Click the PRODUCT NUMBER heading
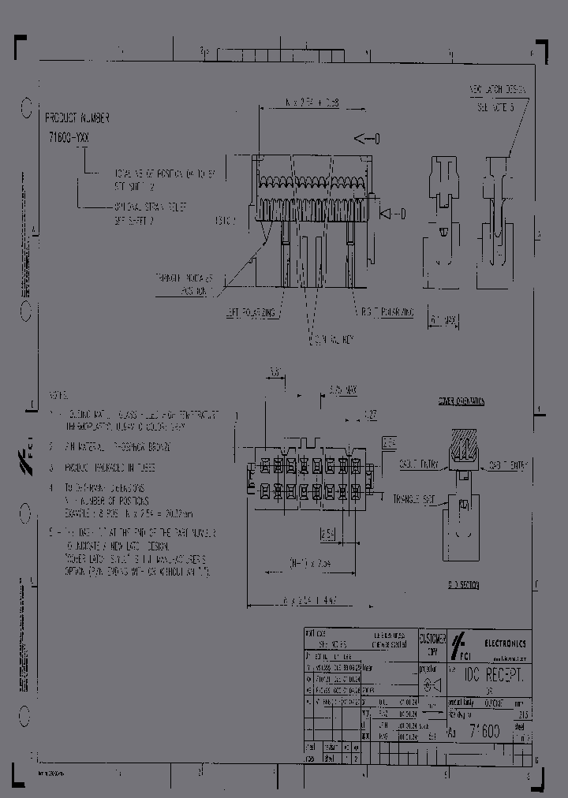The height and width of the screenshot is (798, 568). pos(78,117)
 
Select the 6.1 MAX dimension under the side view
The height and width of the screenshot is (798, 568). pos(444,320)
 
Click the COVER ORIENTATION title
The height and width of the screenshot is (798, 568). pos(462,401)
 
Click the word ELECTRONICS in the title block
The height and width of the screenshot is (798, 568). pos(505,643)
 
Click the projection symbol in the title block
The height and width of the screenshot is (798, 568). pos(432,685)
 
